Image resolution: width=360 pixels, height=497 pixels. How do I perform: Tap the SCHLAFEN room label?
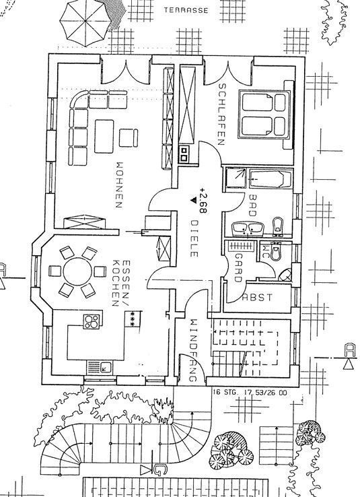pyautogui.click(x=220, y=113)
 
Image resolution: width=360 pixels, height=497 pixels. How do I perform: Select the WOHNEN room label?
pyautogui.click(x=120, y=185)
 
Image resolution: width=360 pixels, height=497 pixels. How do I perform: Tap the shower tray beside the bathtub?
pyautogui.click(x=236, y=178)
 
